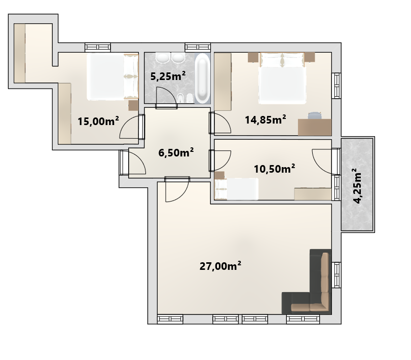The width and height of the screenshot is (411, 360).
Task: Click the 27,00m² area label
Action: point(220,266)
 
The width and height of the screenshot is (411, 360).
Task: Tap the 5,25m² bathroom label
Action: point(168,76)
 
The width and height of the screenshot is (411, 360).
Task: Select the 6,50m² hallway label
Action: point(176,152)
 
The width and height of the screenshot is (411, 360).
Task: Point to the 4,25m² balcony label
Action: point(358,186)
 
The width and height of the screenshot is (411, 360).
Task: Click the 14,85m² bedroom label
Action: point(265,119)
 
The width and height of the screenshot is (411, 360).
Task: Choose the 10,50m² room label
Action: point(274,169)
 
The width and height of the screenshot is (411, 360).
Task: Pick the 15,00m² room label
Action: point(98,121)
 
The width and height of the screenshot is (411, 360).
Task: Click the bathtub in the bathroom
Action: point(202,78)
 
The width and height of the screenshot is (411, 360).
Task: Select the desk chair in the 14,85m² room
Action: point(315,115)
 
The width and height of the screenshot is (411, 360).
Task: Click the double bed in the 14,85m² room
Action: point(282,78)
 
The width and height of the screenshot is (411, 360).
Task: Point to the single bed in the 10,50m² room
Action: point(237,189)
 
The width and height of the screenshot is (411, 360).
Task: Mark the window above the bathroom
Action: point(198,48)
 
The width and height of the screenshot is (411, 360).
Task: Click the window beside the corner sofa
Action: point(337,274)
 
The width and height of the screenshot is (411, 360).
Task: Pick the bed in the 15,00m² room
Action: point(112,77)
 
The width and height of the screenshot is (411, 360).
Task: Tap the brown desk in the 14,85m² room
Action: point(315,127)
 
